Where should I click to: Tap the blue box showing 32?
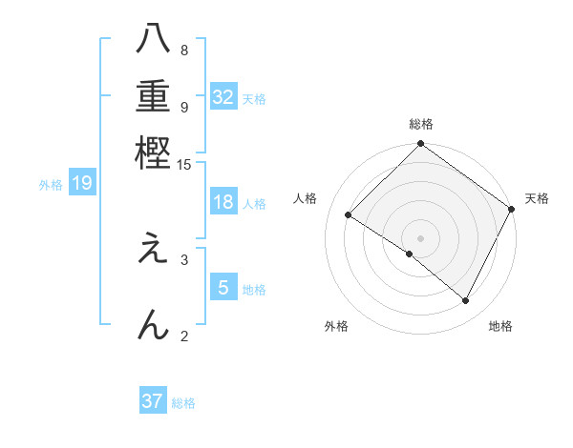point(223,97)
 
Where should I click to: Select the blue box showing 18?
point(223,202)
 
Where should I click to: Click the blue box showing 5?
point(223,288)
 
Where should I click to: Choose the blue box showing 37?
point(152,401)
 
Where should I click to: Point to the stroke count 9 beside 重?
point(183,107)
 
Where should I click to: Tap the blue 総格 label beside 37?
point(183,403)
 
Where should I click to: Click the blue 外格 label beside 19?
point(51,185)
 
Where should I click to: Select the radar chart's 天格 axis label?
point(537,198)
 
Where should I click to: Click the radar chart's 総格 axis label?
point(421,124)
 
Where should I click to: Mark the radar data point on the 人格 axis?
point(349,215)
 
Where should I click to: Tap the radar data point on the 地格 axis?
point(466,301)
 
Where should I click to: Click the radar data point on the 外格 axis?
point(410,255)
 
